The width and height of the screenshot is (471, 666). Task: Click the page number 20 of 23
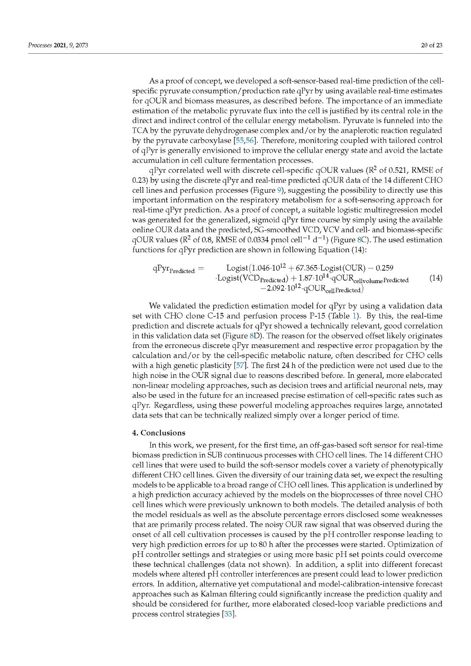point(432,45)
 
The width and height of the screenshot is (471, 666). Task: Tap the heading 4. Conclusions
point(159,433)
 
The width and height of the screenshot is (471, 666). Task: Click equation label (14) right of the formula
point(436,278)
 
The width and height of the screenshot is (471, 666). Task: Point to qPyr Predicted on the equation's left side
point(174,269)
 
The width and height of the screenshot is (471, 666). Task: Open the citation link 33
point(229,614)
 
